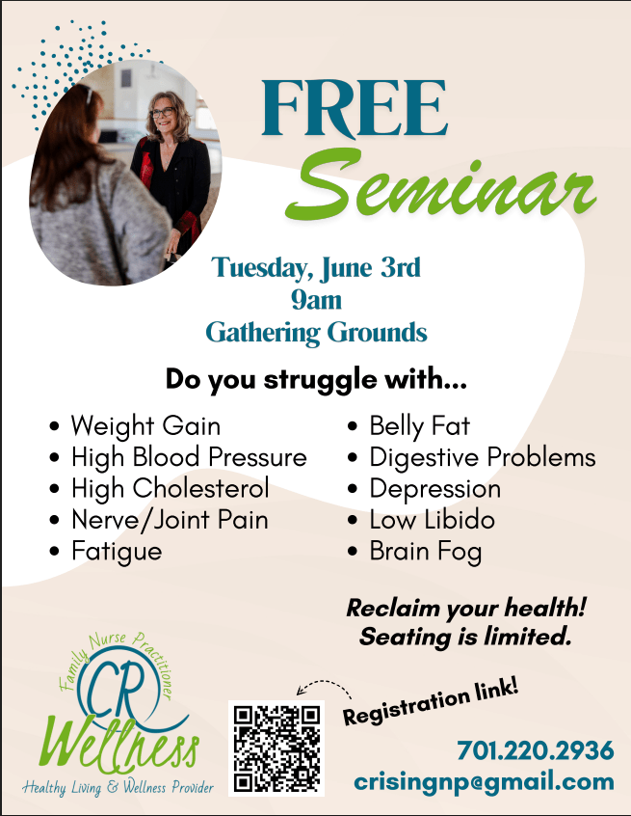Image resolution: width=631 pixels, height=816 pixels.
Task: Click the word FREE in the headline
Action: (354, 108)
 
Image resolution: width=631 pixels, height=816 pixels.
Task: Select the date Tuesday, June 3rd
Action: (316, 267)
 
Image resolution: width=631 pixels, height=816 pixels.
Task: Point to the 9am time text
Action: (316, 300)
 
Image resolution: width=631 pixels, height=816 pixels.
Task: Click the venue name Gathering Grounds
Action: (316, 333)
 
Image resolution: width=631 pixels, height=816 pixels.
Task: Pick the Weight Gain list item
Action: (146, 426)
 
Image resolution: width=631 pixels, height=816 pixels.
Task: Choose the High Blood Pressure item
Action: (189, 457)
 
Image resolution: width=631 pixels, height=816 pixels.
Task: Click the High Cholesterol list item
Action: (170, 489)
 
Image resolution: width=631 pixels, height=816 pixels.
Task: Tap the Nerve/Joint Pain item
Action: (170, 520)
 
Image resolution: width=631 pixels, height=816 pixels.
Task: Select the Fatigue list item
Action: (117, 552)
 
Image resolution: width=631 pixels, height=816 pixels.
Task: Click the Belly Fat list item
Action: (420, 426)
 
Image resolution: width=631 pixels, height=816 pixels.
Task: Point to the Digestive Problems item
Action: (483, 458)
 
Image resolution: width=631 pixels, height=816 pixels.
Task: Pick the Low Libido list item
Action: (433, 520)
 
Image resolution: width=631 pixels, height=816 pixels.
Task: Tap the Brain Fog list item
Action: (426, 552)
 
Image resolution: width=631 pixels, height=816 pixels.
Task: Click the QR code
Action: (276, 748)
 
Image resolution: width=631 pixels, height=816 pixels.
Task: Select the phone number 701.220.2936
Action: (536, 750)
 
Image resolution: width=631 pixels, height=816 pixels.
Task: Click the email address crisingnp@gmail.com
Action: (484, 782)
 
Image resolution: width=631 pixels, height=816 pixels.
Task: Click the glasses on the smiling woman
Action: (163, 112)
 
